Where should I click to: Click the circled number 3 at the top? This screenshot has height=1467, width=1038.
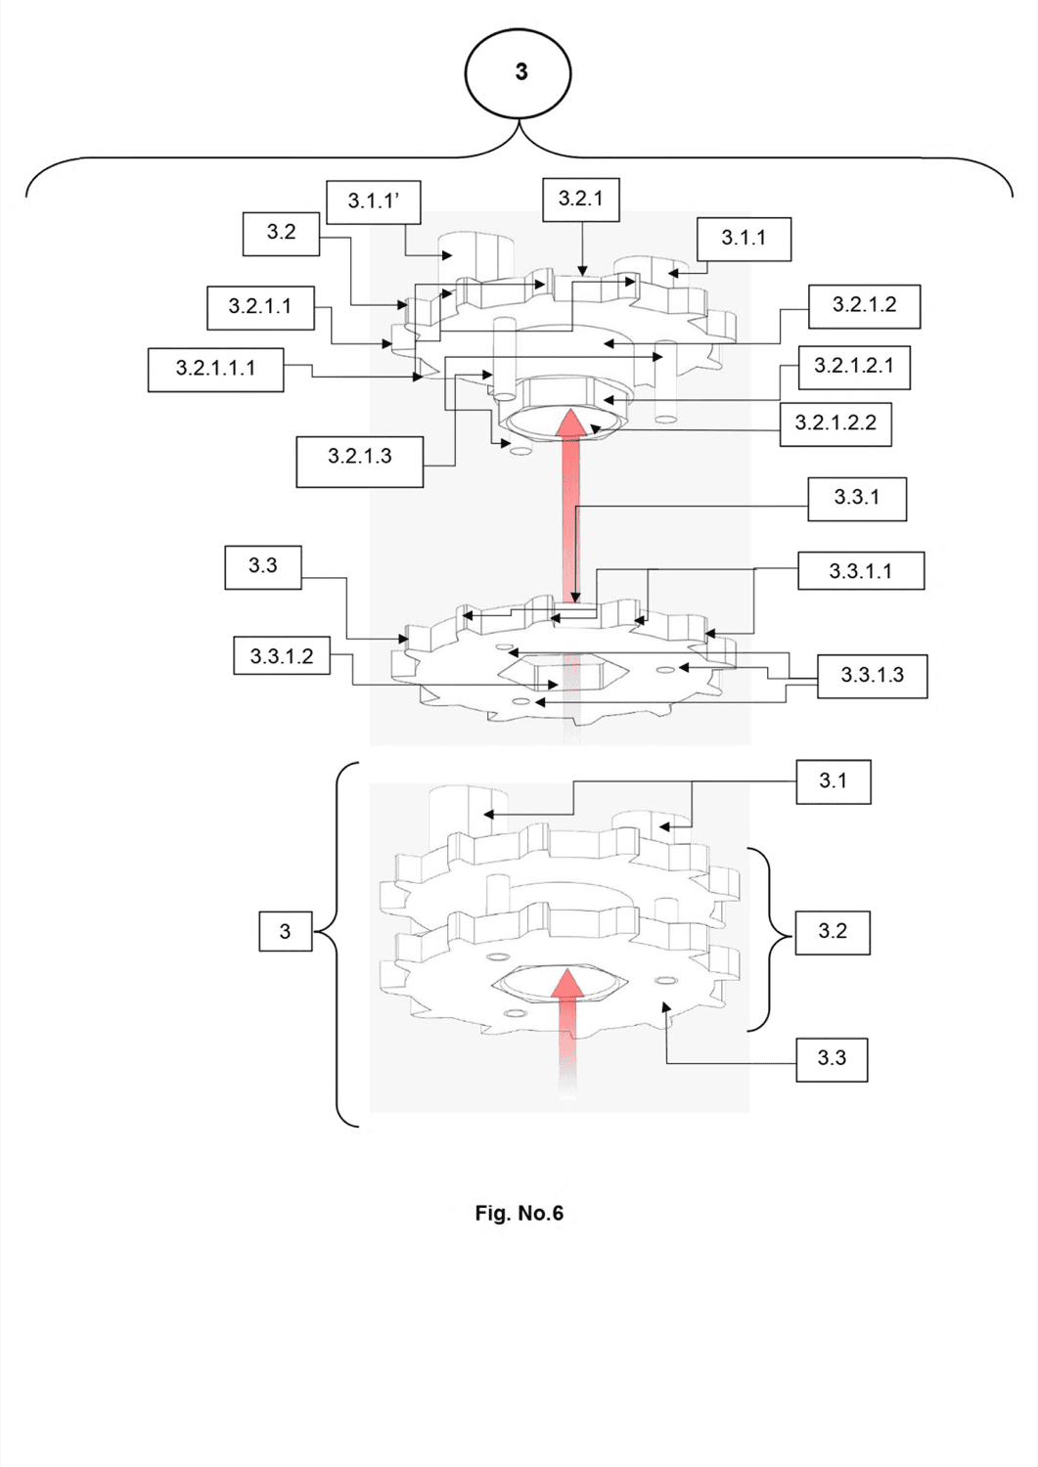[x=518, y=73]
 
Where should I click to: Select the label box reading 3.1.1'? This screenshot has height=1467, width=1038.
[x=374, y=202]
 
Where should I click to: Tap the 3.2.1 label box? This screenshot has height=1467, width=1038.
[x=580, y=199]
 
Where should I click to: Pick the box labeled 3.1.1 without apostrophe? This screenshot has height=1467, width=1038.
[x=744, y=239]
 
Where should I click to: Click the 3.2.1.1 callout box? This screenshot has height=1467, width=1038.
[x=260, y=307]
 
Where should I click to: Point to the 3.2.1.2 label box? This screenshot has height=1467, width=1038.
[x=864, y=306]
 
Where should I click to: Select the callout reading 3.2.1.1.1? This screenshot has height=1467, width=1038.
[x=215, y=370]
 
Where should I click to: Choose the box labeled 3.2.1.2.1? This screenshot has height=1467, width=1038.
[x=854, y=367]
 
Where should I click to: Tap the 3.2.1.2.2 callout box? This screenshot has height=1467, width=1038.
[x=835, y=423]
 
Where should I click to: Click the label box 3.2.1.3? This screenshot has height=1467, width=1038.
[x=360, y=462]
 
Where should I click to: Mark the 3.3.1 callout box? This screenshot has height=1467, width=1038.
[x=857, y=499]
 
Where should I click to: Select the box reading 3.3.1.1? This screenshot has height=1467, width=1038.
[x=861, y=570]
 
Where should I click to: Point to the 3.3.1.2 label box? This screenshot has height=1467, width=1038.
[x=282, y=655]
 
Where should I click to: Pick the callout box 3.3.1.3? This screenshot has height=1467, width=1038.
[x=873, y=676]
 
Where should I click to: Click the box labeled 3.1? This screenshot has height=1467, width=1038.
[x=834, y=781]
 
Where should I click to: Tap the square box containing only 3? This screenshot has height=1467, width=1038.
[x=286, y=931]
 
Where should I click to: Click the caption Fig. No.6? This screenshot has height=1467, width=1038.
[x=519, y=1214]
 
